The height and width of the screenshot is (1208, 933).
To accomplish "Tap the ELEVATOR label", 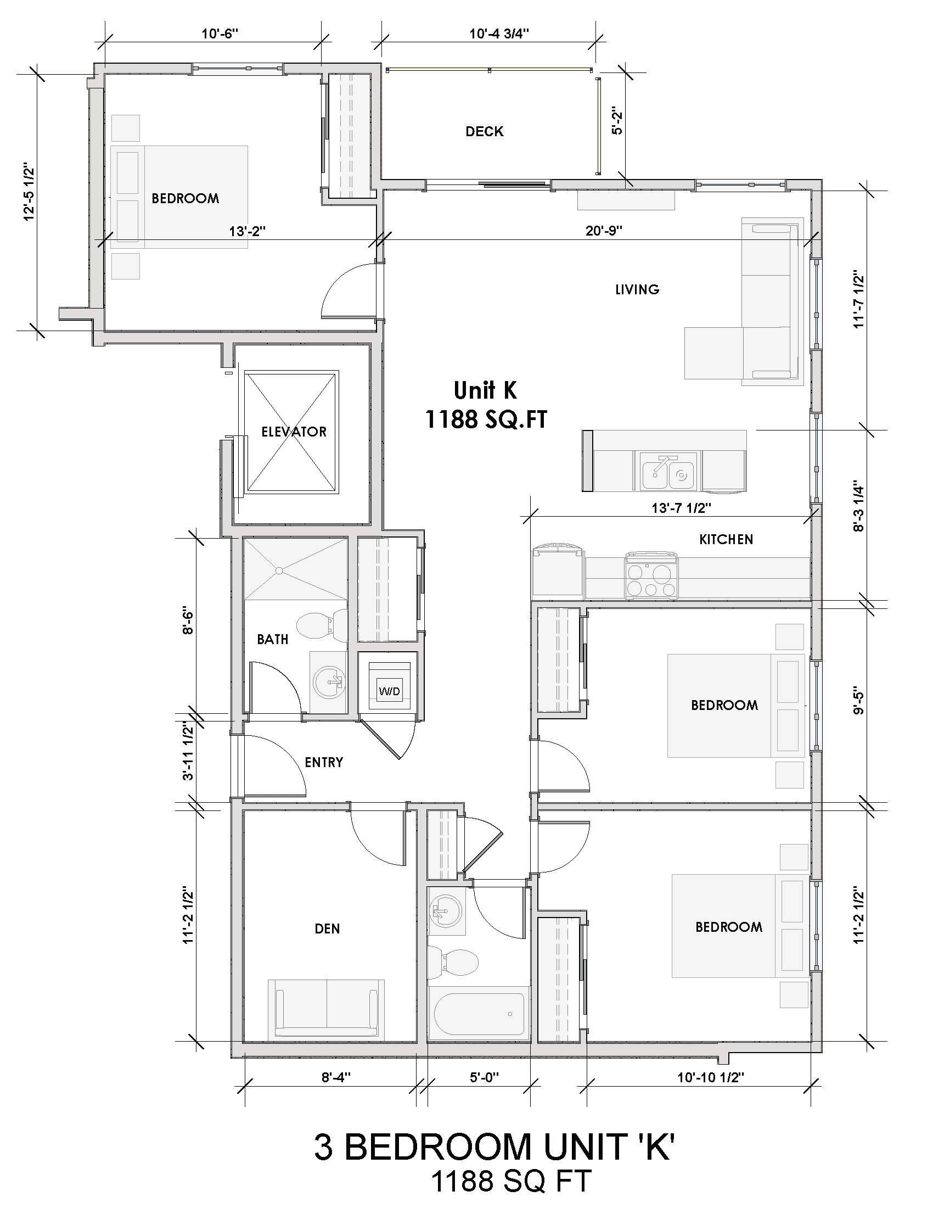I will coord(294,432).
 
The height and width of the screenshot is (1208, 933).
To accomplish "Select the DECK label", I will coord(484,132).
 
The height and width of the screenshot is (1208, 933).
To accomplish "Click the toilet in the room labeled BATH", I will coord(320,625).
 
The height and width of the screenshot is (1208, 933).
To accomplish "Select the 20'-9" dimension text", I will coord(604,231).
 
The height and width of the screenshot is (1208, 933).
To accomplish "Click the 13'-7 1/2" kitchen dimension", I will coord(681,508).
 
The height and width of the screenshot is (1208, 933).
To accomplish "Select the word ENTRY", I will coord(324,763).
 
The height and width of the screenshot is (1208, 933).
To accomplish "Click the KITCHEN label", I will coord(726,539).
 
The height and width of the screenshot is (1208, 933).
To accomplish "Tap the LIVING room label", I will coord(637,289).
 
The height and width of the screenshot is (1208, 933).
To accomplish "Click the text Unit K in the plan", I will coord(485,391).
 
